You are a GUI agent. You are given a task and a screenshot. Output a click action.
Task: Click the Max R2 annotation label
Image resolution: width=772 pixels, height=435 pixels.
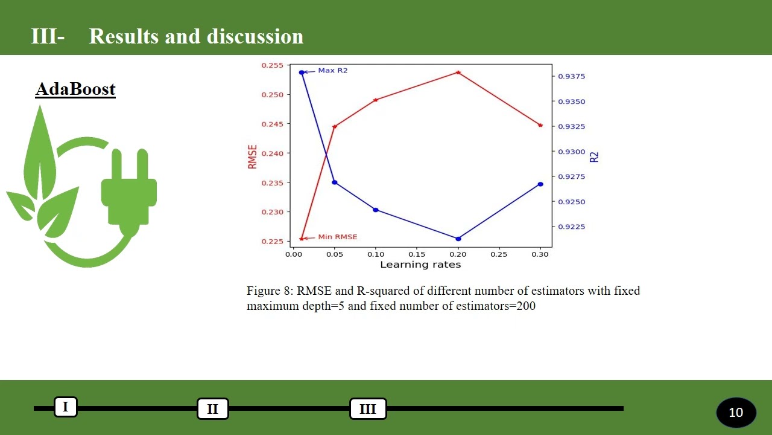click(333, 71)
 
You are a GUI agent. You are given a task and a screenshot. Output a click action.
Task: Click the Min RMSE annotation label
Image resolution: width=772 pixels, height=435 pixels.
click(337, 237)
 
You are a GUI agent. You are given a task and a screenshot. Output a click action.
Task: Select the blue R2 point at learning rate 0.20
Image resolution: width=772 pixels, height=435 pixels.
click(458, 239)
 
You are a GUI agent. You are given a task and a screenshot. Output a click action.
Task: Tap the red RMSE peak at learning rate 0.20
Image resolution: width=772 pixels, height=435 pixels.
click(458, 72)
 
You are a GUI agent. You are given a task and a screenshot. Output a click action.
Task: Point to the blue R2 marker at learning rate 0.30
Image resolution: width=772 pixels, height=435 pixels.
click(540, 184)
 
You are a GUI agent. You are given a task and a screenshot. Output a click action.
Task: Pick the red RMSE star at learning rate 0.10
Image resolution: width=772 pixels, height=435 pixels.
click(376, 100)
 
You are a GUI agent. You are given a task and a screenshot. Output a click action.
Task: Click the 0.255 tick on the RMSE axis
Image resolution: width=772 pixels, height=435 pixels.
click(271, 65)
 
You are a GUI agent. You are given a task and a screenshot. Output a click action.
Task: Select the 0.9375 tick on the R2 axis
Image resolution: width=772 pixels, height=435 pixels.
click(571, 77)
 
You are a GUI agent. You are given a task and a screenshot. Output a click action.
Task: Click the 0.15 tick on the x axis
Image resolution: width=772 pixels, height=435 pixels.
click(417, 255)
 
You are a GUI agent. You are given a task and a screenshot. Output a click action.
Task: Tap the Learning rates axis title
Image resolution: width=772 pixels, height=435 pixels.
click(420, 265)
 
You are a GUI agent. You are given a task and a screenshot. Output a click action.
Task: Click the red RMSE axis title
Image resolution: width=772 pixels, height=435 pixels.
click(252, 156)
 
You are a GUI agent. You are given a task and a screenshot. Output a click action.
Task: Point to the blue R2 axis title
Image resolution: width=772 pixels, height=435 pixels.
click(594, 156)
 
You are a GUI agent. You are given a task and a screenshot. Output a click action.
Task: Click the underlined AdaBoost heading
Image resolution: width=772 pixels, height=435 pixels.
click(75, 89)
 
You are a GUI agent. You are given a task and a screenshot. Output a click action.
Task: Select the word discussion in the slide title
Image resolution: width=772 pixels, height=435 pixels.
click(255, 36)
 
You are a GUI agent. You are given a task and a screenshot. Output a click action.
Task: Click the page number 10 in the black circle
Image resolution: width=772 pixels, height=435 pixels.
click(736, 413)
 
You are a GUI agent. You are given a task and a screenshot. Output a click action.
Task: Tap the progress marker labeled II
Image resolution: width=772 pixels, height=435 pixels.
click(212, 409)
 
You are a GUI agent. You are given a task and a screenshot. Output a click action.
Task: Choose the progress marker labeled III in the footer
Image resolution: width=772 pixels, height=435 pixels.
click(368, 409)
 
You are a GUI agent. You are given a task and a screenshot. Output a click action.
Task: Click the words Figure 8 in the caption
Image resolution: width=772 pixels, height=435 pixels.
click(270, 291)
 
